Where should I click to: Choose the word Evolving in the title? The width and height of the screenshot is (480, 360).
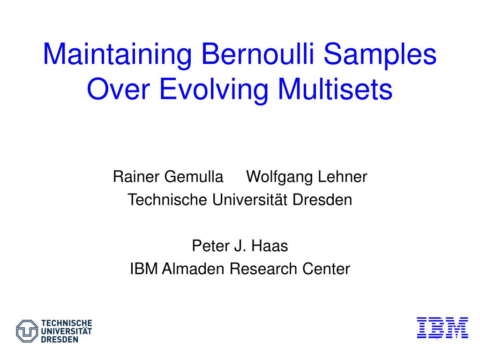[x=214, y=90]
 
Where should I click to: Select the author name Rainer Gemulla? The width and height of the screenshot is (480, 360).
[x=168, y=176]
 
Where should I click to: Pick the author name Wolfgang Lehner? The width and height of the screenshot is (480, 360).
[x=307, y=177]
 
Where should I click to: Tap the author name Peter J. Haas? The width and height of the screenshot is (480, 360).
[x=240, y=246]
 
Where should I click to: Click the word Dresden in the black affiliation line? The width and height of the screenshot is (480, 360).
[x=322, y=200]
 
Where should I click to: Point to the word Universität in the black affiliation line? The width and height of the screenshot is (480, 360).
[x=250, y=200]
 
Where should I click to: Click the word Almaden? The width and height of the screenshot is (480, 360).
[x=193, y=269]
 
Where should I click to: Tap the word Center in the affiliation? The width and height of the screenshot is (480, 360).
[x=326, y=269]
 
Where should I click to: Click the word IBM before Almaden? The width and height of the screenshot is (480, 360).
[x=143, y=269]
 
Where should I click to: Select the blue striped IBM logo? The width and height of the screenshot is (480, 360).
[x=442, y=328]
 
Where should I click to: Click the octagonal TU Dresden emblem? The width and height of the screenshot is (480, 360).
[x=27, y=331]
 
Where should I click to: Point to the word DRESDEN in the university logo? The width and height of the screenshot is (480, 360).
[x=60, y=339]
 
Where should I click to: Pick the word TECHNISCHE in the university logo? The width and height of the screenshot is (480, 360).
[x=67, y=323]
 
